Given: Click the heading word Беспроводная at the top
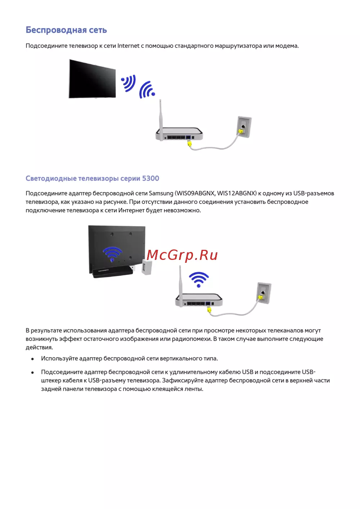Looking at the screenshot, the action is (x=56, y=30).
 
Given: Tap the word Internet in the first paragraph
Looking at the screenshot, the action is (x=129, y=46).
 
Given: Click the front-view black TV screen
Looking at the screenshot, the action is (x=92, y=78).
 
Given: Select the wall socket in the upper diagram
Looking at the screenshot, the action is (x=245, y=127).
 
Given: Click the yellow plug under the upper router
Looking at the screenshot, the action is (x=189, y=143).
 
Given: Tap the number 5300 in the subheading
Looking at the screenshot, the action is (x=150, y=179).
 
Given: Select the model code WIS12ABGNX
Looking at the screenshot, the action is (x=237, y=193).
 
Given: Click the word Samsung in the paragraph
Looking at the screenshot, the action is (x=161, y=193).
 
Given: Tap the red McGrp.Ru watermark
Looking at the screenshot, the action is (x=182, y=255).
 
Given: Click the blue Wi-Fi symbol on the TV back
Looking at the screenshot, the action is (x=112, y=254).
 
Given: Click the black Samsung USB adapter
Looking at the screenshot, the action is (x=112, y=271).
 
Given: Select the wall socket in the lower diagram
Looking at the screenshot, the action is (x=264, y=293).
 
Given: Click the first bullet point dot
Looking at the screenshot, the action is (x=32, y=359).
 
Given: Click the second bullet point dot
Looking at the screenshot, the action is (x=32, y=373).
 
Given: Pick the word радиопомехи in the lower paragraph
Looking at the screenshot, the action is (x=192, y=339).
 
